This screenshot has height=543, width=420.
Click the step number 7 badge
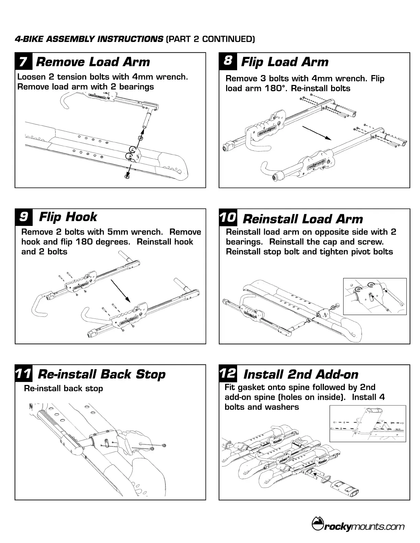pos(23,62)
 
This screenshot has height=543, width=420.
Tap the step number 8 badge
pos(227,61)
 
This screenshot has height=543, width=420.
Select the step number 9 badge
pos(24,217)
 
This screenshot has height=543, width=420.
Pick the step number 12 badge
pos(228,373)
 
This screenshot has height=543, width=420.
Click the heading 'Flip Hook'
pos(68,217)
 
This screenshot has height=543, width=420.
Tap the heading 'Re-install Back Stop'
pos(102,374)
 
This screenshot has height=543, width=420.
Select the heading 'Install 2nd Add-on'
pos(301,374)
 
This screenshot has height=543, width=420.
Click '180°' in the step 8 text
pos(276,88)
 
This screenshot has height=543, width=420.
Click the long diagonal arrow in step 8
pos(316,133)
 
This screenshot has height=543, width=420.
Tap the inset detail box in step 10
pos(375,296)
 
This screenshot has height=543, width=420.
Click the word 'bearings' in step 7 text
pos(137,87)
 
